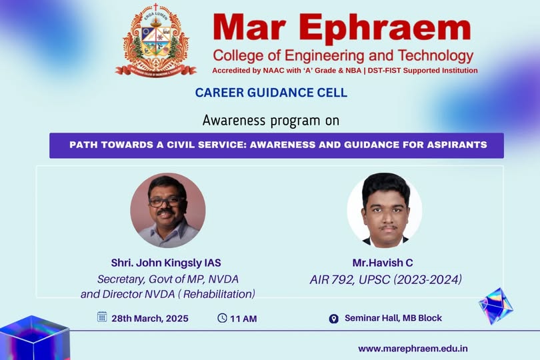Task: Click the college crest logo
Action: (x=155, y=40)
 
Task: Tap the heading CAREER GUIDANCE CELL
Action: (x=271, y=93)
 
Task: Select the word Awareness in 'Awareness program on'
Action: (x=234, y=121)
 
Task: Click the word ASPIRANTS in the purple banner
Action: (x=457, y=145)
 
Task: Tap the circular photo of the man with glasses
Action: (x=168, y=210)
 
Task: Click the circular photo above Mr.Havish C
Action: (x=385, y=210)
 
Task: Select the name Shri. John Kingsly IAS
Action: (x=166, y=263)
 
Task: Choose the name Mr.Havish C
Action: (x=383, y=263)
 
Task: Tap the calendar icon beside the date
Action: (x=102, y=317)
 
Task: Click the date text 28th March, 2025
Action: (x=150, y=319)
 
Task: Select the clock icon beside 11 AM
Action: (x=222, y=317)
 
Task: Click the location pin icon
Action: (x=333, y=319)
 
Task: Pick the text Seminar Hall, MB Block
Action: (x=393, y=318)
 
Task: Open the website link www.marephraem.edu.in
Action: (x=413, y=349)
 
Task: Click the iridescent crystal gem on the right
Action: (x=496, y=306)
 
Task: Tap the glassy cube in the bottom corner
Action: (x=35, y=338)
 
